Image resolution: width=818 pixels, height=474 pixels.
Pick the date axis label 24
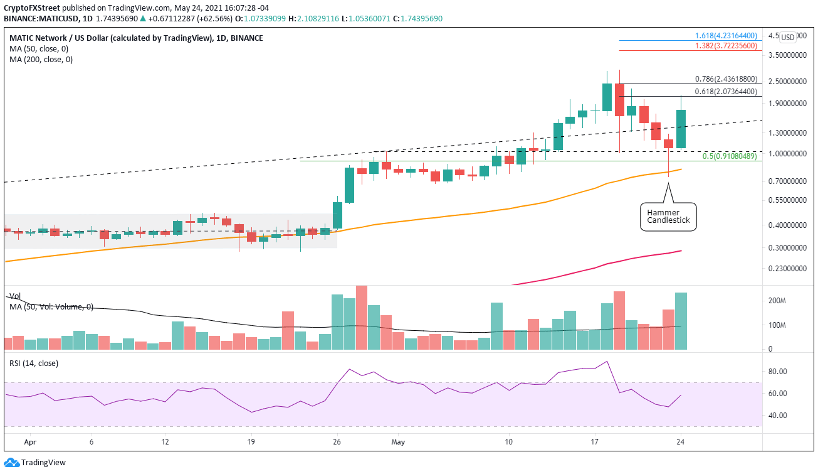click(680, 441)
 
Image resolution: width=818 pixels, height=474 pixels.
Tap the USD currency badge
click(788, 37)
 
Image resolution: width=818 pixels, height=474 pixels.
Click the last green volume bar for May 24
click(681, 321)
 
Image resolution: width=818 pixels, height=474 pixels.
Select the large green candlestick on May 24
click(681, 129)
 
